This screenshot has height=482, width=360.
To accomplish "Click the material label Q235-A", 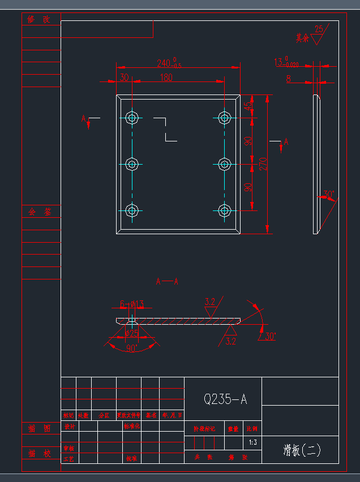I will click(225, 399).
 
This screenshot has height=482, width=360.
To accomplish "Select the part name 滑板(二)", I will click(302, 450).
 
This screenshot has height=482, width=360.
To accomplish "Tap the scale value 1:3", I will click(252, 442).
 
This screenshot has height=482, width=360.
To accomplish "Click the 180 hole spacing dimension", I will click(165, 78).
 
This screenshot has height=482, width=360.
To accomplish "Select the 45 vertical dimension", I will click(247, 106).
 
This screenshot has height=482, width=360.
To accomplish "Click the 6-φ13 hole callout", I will click(132, 304).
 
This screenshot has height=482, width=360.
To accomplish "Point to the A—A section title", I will click(167, 281).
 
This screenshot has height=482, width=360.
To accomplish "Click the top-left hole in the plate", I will click(132, 118).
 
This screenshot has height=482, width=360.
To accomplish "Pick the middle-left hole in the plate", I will click(132, 164).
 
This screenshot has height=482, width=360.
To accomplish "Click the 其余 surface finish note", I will click(303, 38).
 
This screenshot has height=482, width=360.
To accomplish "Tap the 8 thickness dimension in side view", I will click(289, 79).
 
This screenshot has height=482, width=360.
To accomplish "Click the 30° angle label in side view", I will click(328, 195).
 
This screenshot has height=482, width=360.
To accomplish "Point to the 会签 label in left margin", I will click(40, 212).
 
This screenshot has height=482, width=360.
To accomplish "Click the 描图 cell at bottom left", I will click(40, 429).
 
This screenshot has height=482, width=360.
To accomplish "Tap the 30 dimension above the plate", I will click(124, 78).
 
